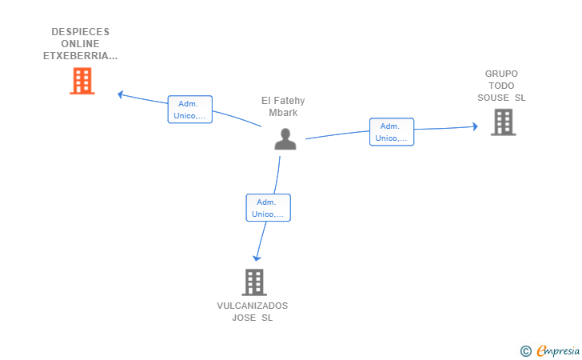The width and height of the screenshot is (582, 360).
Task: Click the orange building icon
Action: (82, 81)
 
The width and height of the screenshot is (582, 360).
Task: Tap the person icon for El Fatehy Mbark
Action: (285, 139)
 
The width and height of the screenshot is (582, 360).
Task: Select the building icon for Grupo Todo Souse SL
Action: (504, 122)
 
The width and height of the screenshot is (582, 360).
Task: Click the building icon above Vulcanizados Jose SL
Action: (254, 282)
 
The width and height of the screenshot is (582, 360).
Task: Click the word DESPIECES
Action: (81, 32)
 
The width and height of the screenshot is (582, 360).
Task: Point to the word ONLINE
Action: (81, 44)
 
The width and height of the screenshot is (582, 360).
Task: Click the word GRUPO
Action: (501, 74)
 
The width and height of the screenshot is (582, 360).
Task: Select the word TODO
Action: (501, 86)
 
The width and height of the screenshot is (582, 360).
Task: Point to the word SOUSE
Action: (493, 98)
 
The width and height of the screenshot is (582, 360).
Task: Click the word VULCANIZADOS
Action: (253, 306)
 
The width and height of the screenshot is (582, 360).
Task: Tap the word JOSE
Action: (244, 318)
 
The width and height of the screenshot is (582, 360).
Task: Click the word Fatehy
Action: (289, 101)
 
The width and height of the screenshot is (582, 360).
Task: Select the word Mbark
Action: (283, 113)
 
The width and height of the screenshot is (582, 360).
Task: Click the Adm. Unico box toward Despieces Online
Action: (190, 110)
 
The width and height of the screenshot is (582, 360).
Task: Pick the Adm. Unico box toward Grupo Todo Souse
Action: (392, 132)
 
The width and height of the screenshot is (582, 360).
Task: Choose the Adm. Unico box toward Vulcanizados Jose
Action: (268, 208)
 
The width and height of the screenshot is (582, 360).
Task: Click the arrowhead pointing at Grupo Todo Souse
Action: (475, 126)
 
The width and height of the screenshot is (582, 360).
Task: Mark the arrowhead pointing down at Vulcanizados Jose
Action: (257, 258)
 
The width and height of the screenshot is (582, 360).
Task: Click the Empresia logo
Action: (550, 350)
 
